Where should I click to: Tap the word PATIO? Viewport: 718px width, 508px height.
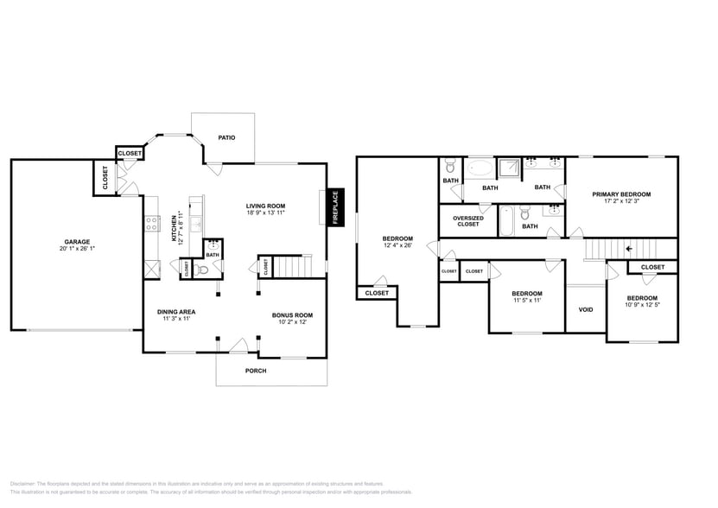tap(226, 137)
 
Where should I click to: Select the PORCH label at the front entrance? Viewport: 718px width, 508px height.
tap(256, 371)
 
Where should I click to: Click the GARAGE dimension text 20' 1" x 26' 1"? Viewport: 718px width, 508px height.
tap(77, 250)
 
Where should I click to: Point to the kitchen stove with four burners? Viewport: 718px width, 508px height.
tap(152, 222)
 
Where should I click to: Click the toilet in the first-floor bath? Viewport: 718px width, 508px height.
tap(204, 269)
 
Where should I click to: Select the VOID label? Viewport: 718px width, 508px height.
tap(586, 309)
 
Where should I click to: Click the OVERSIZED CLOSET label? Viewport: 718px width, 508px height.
tap(467, 221)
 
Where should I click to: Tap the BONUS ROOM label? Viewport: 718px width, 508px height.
tap(292, 315)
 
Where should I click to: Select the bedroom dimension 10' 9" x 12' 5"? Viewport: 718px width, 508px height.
tap(642, 305)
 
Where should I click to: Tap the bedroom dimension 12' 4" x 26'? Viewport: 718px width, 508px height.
tap(398, 246)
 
